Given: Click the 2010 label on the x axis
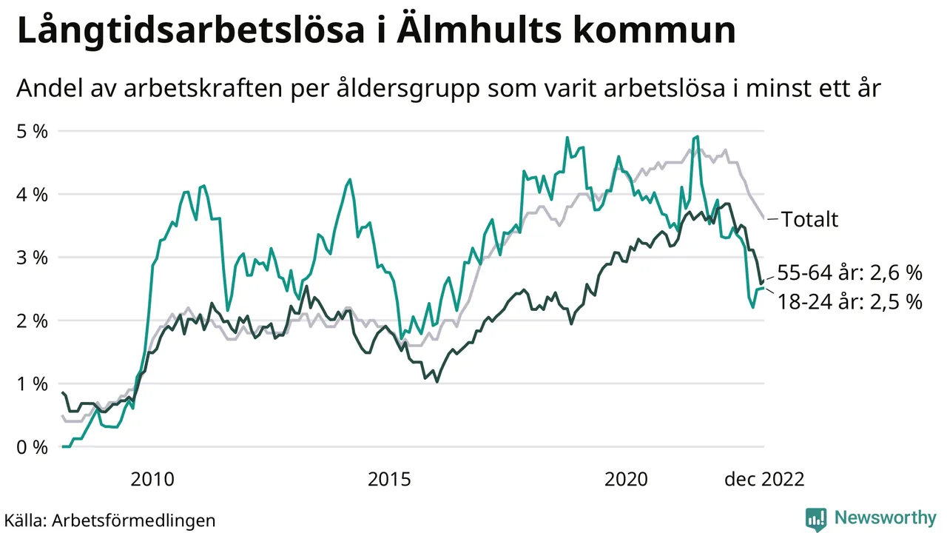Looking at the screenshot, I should click(152, 480).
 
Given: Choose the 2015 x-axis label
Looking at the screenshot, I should click(389, 480).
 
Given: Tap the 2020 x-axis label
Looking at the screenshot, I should click(626, 480).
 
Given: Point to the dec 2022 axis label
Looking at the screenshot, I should click(764, 480).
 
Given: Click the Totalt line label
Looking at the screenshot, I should click(809, 219).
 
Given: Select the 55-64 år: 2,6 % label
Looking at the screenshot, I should click(850, 273).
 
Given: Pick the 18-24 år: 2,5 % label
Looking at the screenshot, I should click(850, 302).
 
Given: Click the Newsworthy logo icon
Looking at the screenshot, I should click(816, 519).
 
